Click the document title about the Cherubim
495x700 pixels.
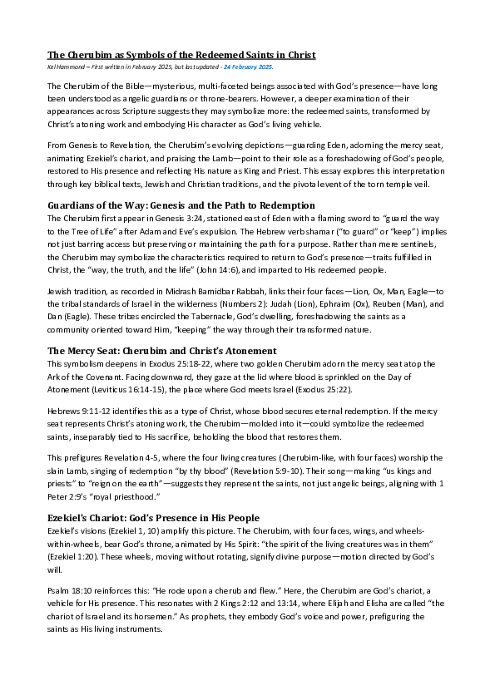click(181, 55)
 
